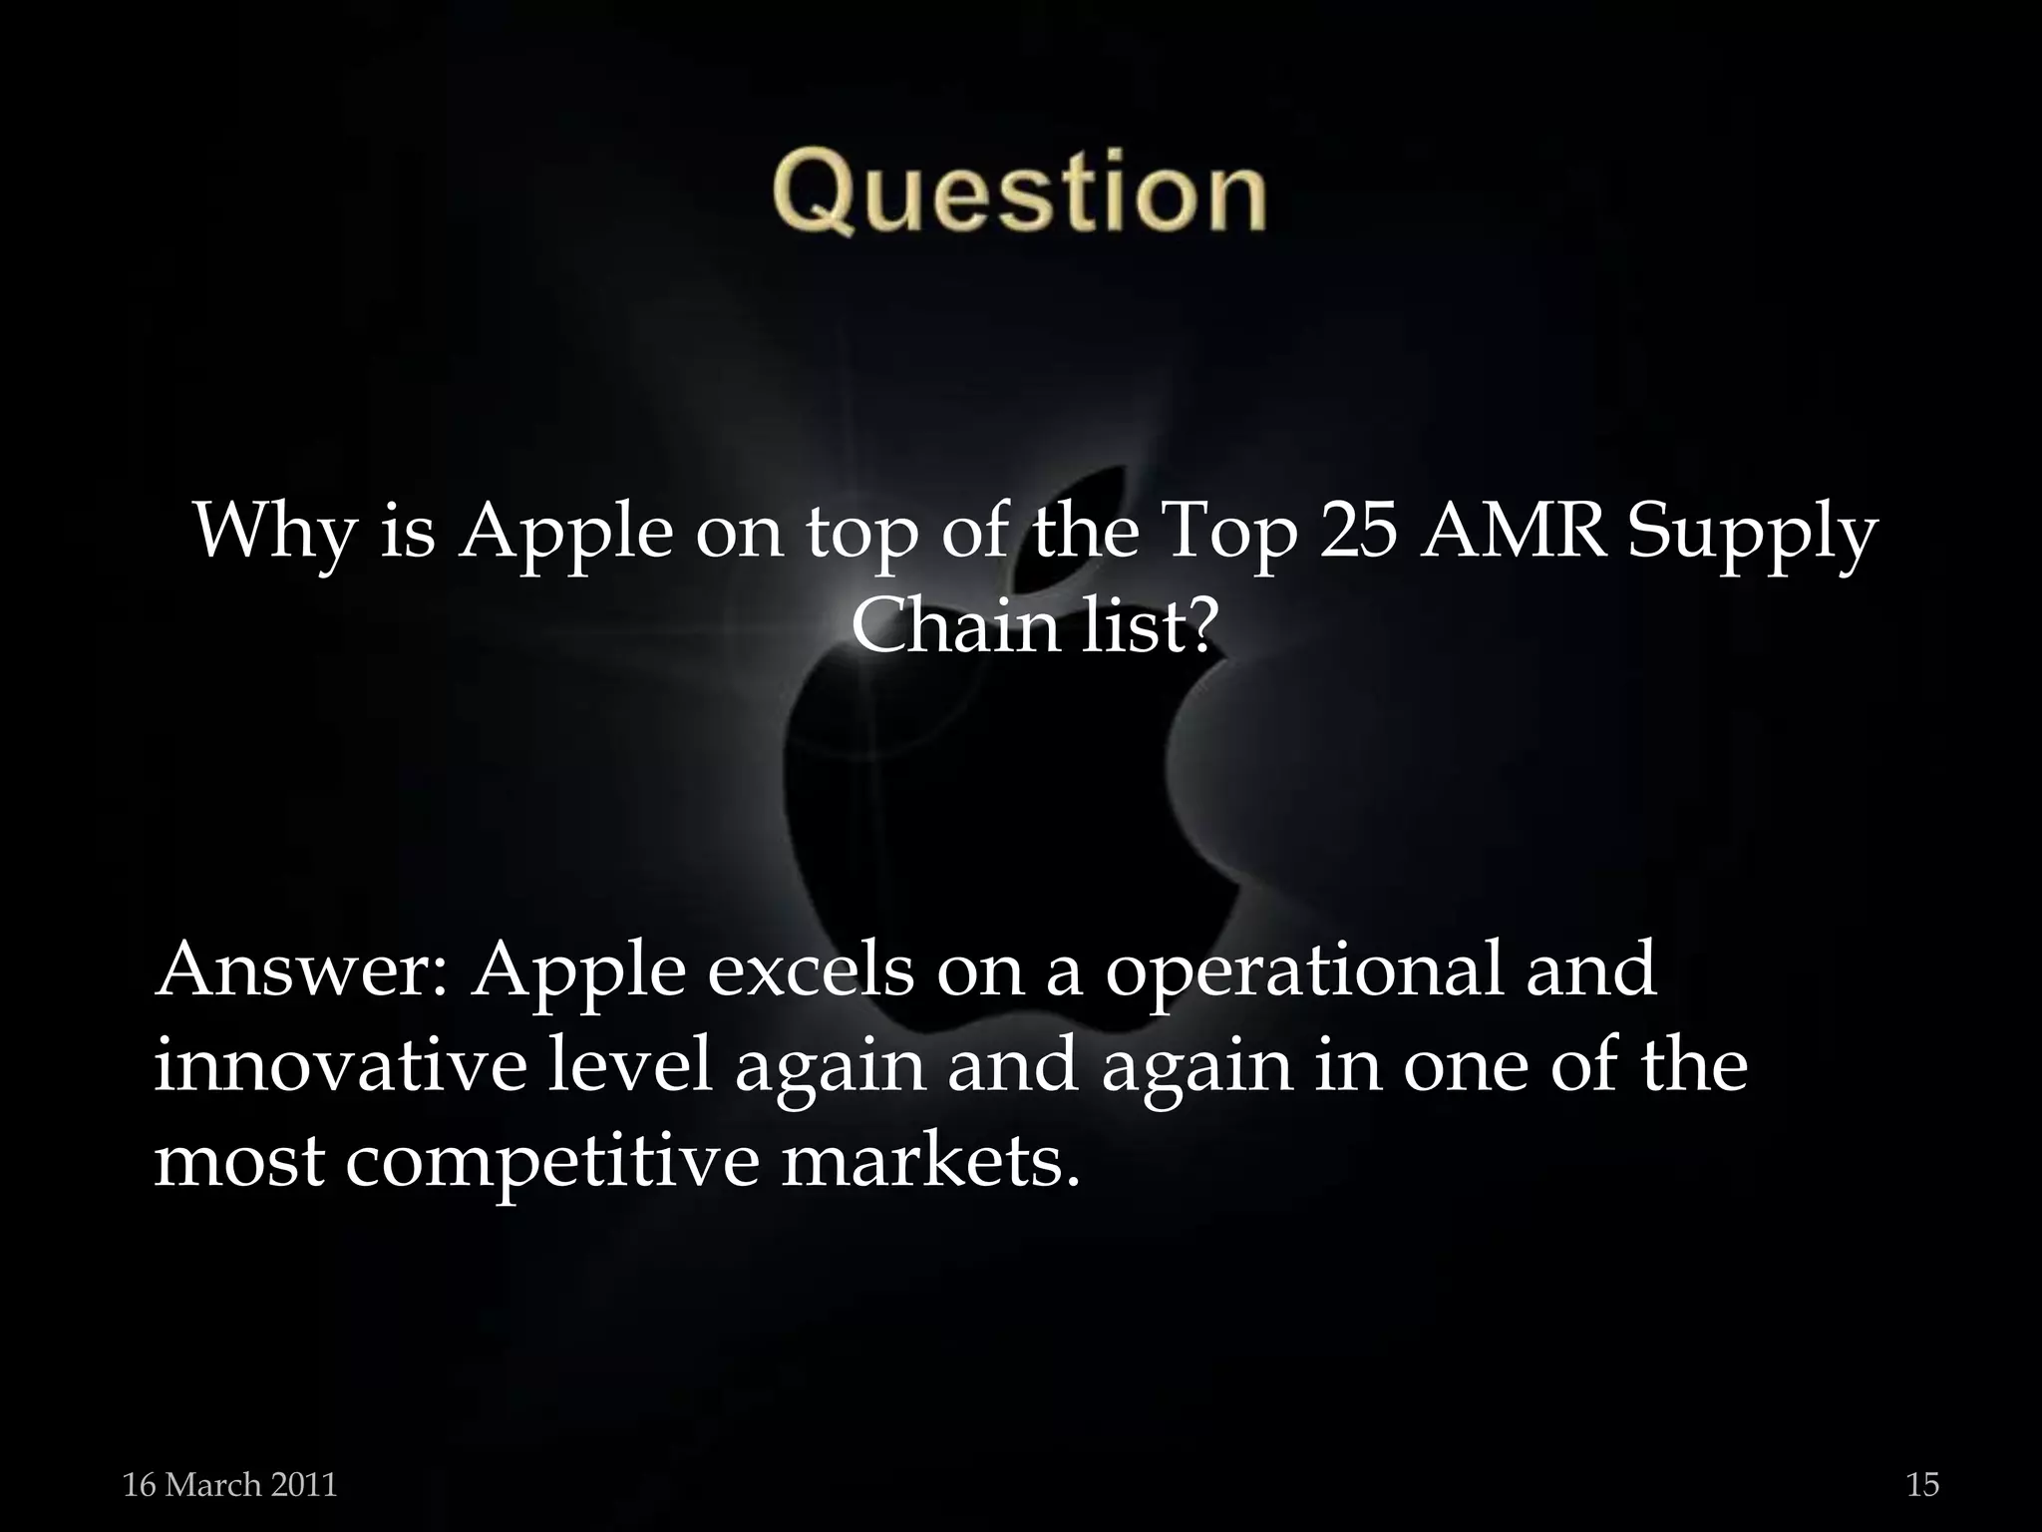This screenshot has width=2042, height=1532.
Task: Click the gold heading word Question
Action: coord(1018,191)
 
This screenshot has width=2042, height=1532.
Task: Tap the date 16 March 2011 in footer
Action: coord(229,1485)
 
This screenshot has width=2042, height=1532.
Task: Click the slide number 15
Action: coord(1922,1485)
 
